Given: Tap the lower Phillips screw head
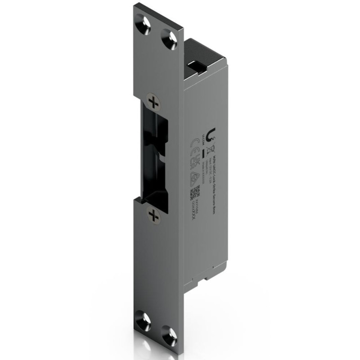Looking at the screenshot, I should point(154,215).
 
